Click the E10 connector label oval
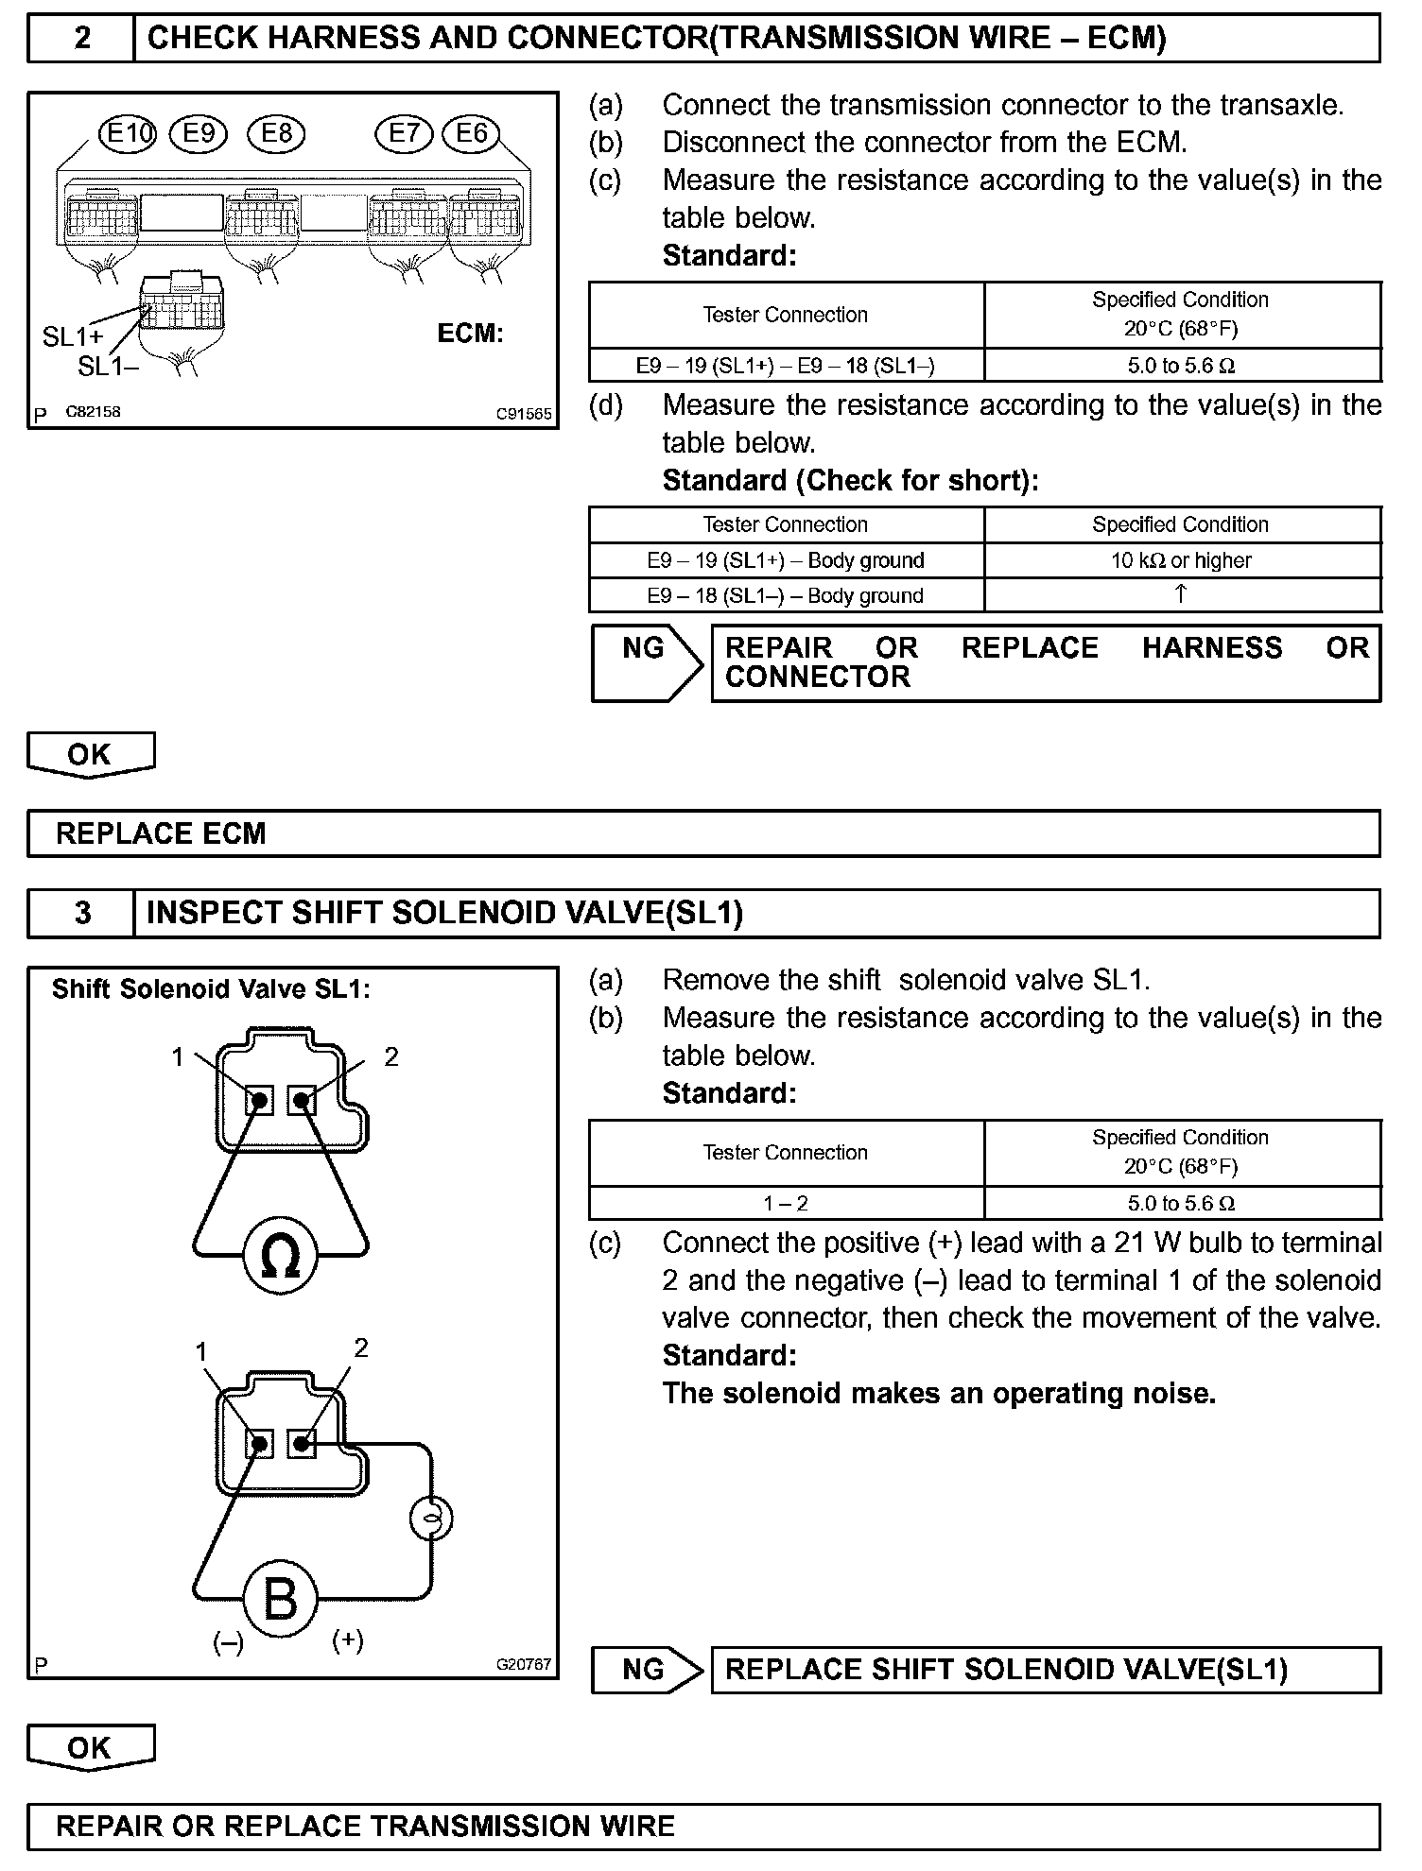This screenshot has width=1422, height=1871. (x=128, y=133)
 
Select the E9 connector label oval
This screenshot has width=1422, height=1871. (x=199, y=133)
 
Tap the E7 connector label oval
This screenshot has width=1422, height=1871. (x=404, y=133)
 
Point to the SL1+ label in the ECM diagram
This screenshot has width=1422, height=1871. (x=73, y=336)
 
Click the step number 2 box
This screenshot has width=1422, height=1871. (x=82, y=39)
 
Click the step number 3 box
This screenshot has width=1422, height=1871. (x=82, y=913)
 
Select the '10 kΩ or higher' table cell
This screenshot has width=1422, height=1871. (x=1181, y=560)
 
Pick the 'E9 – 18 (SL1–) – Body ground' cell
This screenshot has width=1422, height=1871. (x=785, y=595)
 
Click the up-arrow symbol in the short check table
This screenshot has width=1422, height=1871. (x=1181, y=593)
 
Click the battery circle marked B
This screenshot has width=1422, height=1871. (x=280, y=1599)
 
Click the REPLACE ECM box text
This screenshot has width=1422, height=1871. (x=162, y=833)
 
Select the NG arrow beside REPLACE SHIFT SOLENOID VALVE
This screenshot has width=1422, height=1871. (x=647, y=1670)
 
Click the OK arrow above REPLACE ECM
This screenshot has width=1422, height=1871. (x=91, y=755)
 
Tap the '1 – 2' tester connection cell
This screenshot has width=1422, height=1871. (x=785, y=1203)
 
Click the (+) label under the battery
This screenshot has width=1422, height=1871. (x=348, y=1639)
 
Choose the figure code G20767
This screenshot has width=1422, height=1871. (x=524, y=1665)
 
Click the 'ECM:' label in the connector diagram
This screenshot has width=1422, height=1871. (x=471, y=334)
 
